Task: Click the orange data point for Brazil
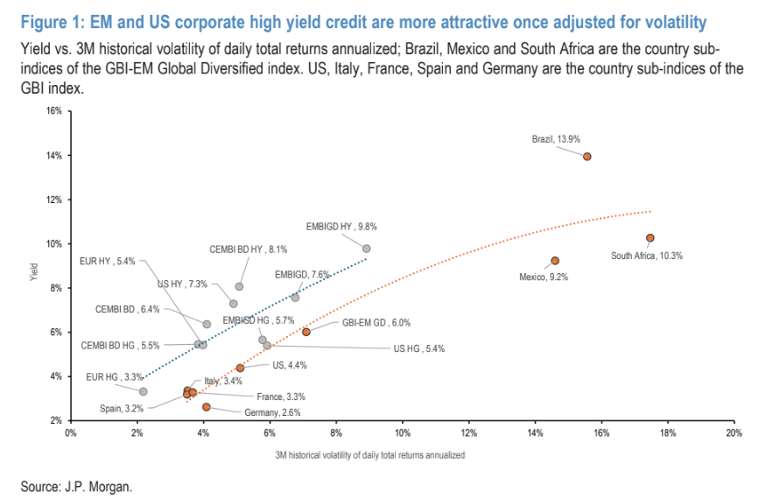click(x=587, y=157)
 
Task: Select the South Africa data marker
click(x=650, y=237)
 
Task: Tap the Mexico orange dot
click(x=555, y=261)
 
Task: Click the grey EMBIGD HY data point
click(x=367, y=249)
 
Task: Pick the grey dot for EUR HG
click(x=144, y=391)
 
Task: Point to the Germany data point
click(x=207, y=407)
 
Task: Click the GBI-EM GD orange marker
click(x=306, y=332)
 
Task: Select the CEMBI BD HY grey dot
click(x=240, y=286)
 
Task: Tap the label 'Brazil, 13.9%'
click(x=556, y=138)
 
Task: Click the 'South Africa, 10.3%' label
click(x=647, y=256)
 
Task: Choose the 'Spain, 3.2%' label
click(x=121, y=408)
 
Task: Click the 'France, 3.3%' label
click(x=280, y=397)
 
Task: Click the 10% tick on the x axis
click(x=403, y=433)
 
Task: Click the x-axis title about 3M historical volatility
click(x=369, y=455)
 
